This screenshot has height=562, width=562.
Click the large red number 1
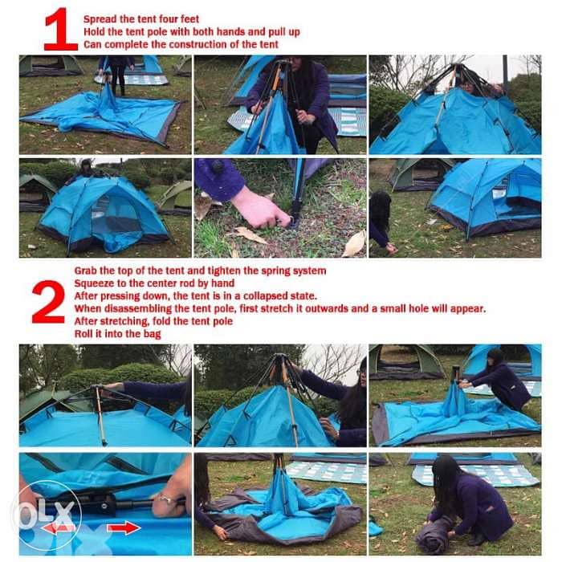click(60, 30)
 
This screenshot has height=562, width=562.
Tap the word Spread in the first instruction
click(102, 18)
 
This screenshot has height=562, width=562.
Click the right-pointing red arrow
click(122, 527)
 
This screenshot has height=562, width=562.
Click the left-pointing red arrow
click(58, 528)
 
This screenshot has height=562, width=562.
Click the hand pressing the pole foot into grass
click(259, 207)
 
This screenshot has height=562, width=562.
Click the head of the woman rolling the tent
click(446, 474)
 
